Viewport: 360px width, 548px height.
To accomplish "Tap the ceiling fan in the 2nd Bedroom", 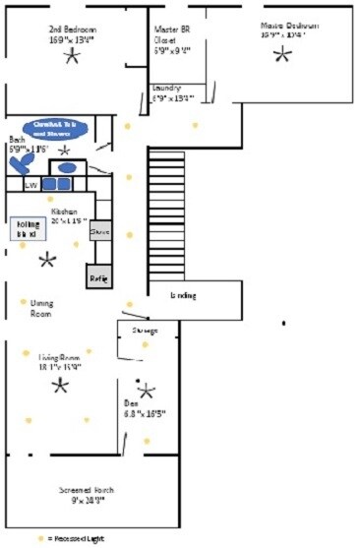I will tap(71, 56).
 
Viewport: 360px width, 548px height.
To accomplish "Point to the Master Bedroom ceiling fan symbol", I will tap(282, 54).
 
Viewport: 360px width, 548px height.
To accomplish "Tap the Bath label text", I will tap(18, 140).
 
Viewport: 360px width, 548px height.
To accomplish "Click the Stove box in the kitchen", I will tap(99, 232).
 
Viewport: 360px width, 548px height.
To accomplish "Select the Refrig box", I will tap(98, 277).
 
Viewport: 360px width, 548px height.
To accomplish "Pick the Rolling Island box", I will tap(27, 229).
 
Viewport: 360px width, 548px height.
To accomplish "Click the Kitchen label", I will tap(65, 212).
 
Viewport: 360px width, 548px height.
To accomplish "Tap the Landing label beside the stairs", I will tap(184, 295).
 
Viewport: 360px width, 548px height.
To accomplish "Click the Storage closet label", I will tap(145, 330).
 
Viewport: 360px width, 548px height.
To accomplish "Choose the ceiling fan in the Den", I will tap(147, 391).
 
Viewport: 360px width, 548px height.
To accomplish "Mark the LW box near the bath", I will tap(30, 184).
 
